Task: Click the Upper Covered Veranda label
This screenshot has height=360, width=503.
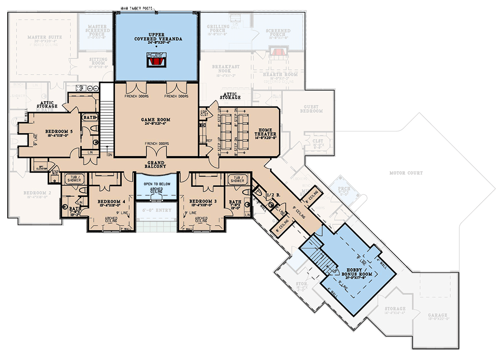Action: tap(158, 36)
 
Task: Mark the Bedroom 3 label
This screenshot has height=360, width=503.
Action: tap(201, 201)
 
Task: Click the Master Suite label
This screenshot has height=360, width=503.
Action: tap(45, 37)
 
